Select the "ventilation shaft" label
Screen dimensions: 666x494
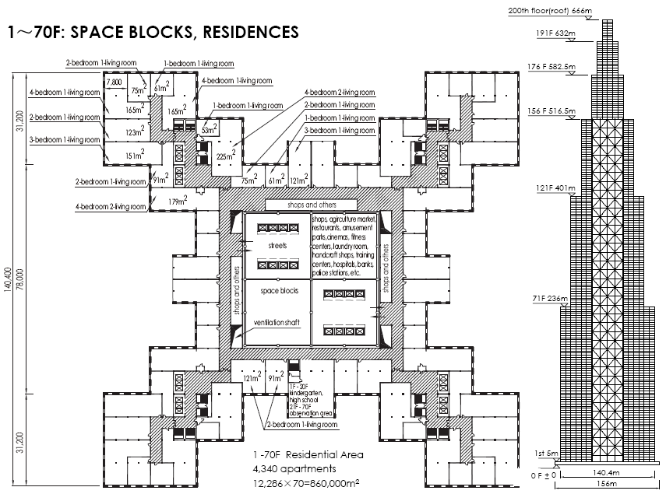point(277,321)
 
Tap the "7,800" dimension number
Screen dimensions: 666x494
point(114,82)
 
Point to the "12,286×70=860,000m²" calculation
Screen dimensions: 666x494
point(305,483)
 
